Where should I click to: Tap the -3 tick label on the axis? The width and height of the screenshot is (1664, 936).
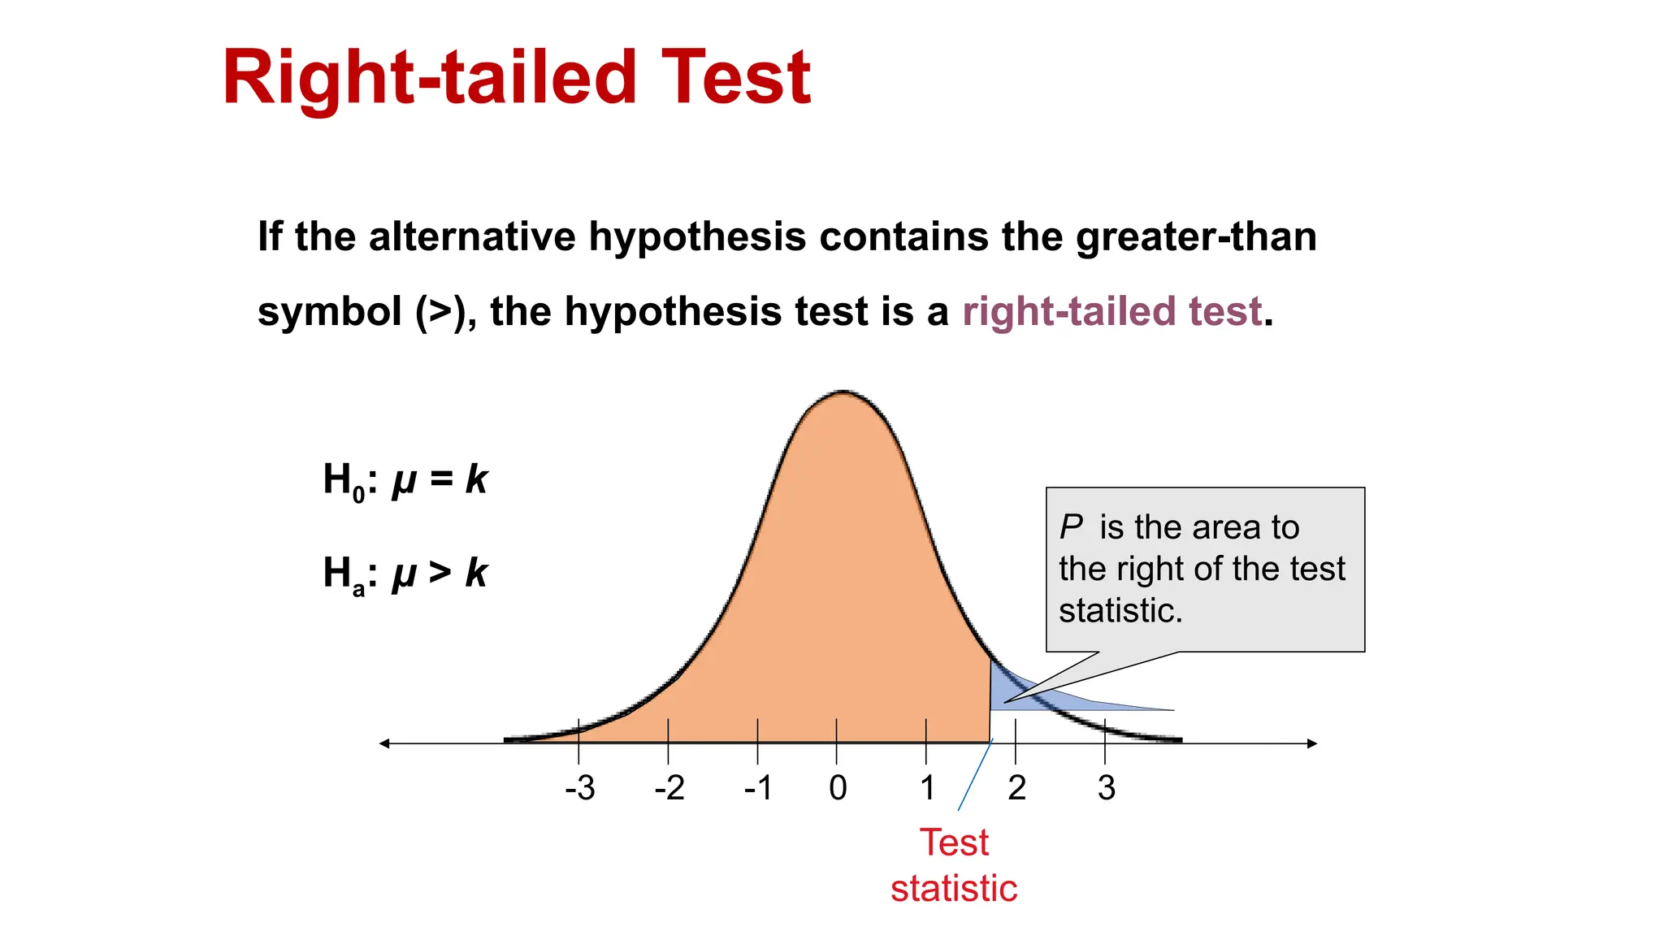580,788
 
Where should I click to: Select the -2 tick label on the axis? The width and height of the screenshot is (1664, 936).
669,788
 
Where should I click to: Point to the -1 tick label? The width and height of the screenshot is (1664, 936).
759,788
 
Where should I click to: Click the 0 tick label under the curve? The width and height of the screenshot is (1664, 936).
838,788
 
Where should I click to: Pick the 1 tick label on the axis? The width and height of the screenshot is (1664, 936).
927,788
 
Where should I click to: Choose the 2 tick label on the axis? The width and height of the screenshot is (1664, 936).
1016,788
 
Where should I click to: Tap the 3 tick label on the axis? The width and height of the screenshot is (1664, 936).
1106,788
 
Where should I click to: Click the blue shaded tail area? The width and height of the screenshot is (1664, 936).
1007,691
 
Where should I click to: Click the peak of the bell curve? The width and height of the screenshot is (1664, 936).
843,393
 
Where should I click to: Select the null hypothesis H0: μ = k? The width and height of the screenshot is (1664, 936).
405,480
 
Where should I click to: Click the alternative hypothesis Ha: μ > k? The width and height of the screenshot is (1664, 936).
405,574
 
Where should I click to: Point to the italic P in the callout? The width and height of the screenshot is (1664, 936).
1071,527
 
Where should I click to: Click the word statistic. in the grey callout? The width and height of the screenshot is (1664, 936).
1120,611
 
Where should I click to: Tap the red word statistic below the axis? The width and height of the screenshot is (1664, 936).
954,889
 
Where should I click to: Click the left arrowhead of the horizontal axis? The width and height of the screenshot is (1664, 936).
385,743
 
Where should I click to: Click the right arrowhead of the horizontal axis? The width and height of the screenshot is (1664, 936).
1311,743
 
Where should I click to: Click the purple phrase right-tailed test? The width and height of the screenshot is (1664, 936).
1111,312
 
